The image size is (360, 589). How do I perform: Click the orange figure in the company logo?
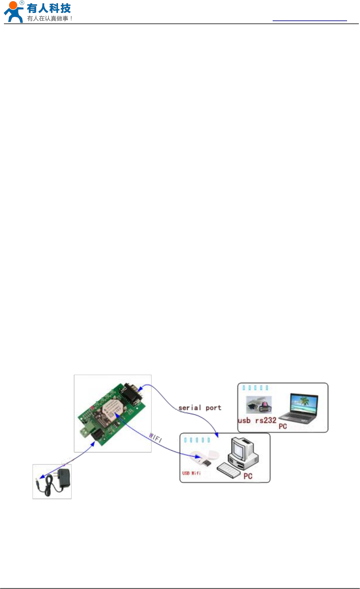[13, 11]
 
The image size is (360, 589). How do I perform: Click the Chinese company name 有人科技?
[49, 8]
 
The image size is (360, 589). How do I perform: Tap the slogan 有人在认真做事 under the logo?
[50, 18]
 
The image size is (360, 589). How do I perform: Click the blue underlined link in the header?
[309, 20]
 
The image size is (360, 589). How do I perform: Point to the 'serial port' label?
[200, 408]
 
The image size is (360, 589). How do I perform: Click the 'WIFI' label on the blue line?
[156, 438]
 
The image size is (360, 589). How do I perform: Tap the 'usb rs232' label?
[257, 421]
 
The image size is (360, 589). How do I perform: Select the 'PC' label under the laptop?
[283, 426]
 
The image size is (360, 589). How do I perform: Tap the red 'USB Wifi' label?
[191, 473]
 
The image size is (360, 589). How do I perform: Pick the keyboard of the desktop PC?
[229, 470]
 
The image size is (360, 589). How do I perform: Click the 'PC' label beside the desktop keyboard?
[248, 477]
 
